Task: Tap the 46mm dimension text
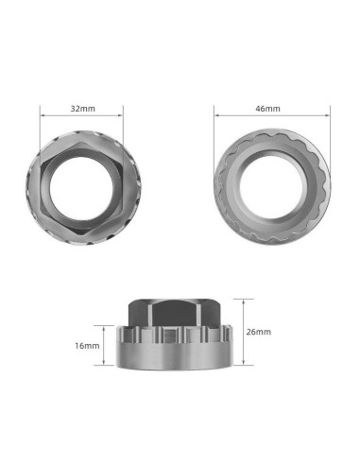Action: [268, 109]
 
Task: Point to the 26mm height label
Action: [257, 334]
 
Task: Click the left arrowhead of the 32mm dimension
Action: [42, 117]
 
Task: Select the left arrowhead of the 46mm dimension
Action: [216, 117]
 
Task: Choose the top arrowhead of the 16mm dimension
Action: [106, 328]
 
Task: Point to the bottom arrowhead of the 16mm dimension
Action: [106, 366]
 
